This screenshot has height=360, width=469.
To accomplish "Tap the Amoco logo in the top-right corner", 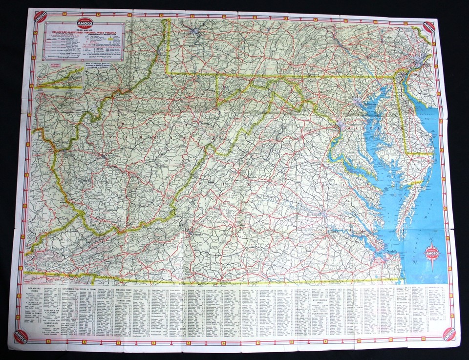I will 429,26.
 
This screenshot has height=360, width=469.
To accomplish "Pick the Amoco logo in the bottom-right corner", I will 448,334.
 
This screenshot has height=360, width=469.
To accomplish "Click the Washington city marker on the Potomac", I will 341,127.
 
